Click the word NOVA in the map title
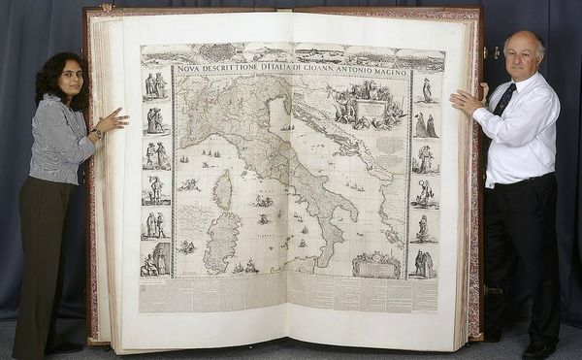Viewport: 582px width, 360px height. point(194,70)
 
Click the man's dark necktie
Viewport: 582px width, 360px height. point(505,98)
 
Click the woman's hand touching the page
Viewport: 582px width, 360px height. point(113,121)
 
